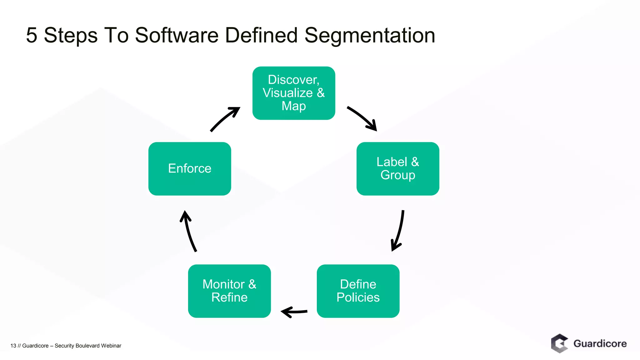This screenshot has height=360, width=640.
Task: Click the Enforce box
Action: (x=190, y=169)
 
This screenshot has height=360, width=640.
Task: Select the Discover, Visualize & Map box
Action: (x=294, y=93)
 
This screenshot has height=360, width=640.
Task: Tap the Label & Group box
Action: (x=398, y=169)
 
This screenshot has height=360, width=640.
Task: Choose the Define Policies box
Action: (x=358, y=291)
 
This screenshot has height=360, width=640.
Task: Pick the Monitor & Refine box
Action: (x=229, y=291)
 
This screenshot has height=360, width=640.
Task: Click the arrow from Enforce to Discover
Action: (x=225, y=119)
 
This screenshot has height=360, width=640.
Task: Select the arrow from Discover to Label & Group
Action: (x=362, y=118)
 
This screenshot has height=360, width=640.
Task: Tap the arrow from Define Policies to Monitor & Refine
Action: (x=294, y=312)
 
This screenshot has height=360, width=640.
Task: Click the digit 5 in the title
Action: (x=32, y=35)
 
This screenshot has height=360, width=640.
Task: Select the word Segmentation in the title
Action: (x=370, y=35)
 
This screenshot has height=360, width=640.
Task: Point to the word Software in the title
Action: (x=177, y=35)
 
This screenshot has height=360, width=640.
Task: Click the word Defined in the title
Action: (x=261, y=35)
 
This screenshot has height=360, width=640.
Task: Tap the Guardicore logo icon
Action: (x=559, y=343)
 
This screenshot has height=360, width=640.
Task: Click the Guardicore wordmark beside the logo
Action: (x=600, y=343)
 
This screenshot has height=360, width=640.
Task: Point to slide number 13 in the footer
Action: (x=13, y=346)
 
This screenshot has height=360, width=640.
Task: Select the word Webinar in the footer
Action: (x=111, y=346)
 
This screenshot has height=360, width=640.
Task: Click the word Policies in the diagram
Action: (x=358, y=297)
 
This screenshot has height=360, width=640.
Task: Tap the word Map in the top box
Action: (x=294, y=106)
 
